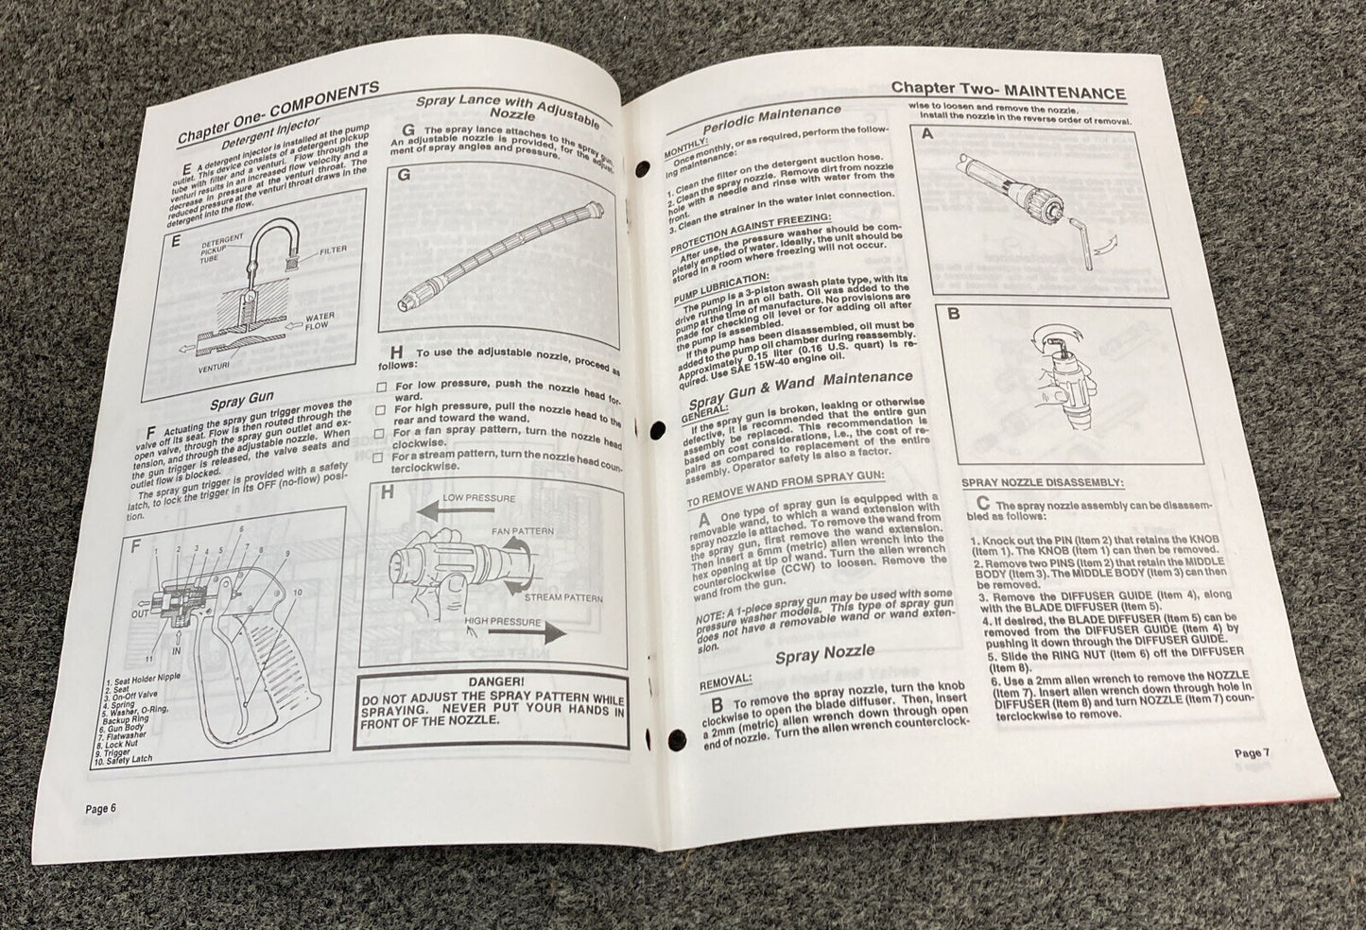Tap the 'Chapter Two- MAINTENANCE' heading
(1008, 92)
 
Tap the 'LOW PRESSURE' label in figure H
(481, 498)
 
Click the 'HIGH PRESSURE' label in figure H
(503, 622)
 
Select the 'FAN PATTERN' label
(522, 532)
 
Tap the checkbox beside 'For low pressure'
(381, 387)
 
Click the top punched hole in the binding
(643, 171)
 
